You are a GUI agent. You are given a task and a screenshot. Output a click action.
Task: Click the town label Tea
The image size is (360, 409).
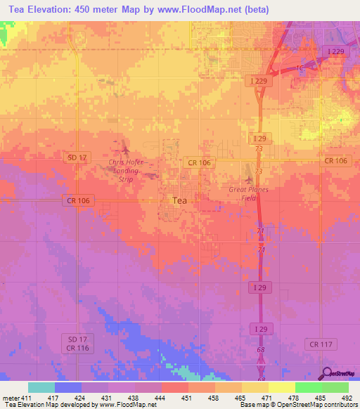click(180, 200)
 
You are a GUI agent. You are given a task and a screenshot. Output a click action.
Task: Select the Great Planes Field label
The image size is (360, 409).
click(248, 194)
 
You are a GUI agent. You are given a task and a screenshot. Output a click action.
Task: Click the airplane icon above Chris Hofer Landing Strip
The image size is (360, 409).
click(126, 149)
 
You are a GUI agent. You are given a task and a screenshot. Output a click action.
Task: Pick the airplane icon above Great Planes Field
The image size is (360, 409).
click(248, 171)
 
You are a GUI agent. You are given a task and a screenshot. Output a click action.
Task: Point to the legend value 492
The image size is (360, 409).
click(347, 398)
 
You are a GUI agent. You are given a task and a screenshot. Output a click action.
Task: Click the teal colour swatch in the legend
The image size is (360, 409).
click(41, 387)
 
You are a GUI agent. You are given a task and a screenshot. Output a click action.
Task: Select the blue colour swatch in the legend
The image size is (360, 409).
click(67, 387)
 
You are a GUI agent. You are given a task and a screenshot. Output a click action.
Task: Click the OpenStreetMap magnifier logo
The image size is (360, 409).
click(328, 375)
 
